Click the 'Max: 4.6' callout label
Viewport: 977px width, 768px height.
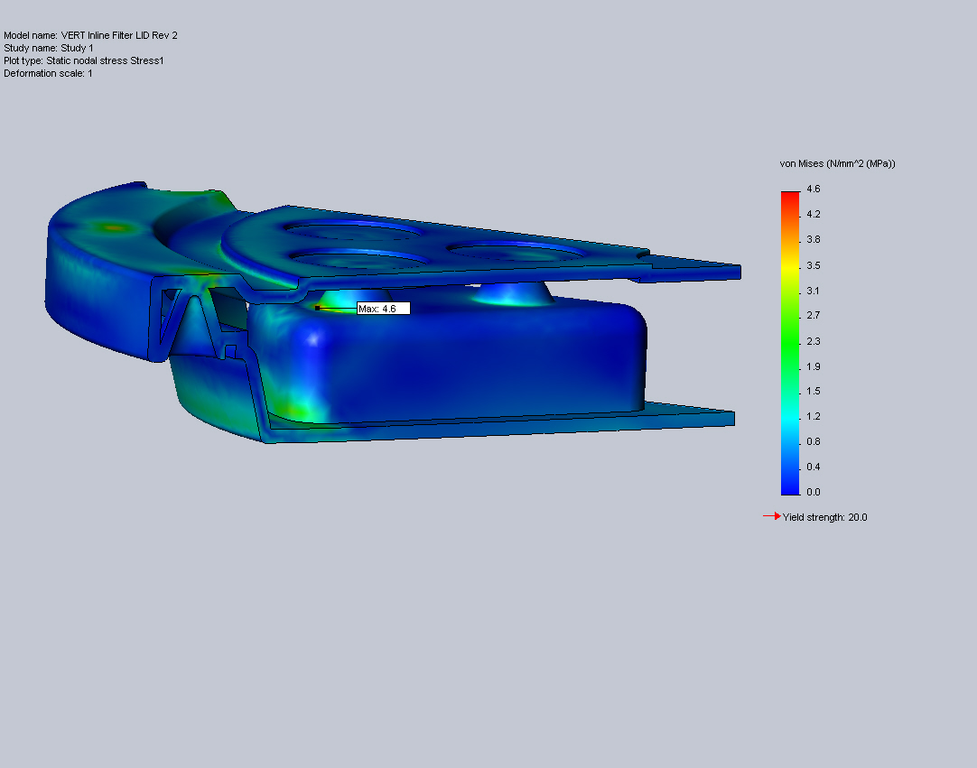384,309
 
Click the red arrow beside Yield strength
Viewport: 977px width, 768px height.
772,516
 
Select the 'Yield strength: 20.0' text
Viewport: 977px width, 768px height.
825,517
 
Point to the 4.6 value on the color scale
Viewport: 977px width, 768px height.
813,189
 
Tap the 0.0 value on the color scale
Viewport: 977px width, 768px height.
813,492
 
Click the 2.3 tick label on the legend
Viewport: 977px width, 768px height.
813,340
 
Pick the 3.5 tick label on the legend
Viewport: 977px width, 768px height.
813,265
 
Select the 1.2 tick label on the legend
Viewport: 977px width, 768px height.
813,416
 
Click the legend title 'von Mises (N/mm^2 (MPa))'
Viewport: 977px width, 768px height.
837,163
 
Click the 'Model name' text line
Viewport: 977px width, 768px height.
90,35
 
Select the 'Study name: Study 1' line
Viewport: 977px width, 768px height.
49,48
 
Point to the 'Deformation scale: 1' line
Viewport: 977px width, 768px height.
48,73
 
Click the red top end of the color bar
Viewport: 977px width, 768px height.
790,195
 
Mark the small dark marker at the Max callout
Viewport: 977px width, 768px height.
317,308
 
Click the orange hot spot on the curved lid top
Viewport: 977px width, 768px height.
113,228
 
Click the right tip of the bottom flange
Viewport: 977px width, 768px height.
731,418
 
